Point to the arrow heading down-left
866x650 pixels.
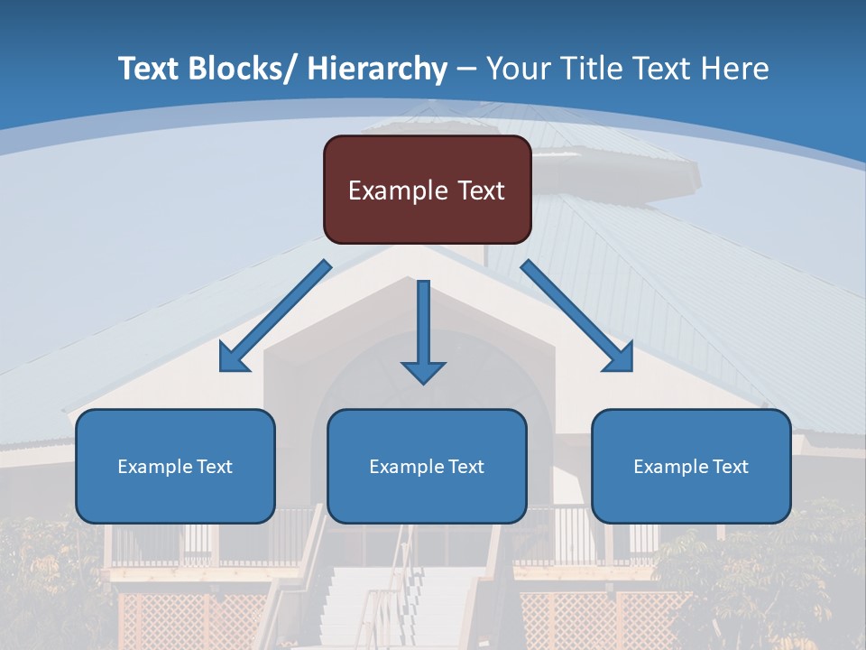click(x=275, y=316)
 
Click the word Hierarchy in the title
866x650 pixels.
click(x=377, y=69)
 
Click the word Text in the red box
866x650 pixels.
click(x=480, y=190)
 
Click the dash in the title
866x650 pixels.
click(x=466, y=70)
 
